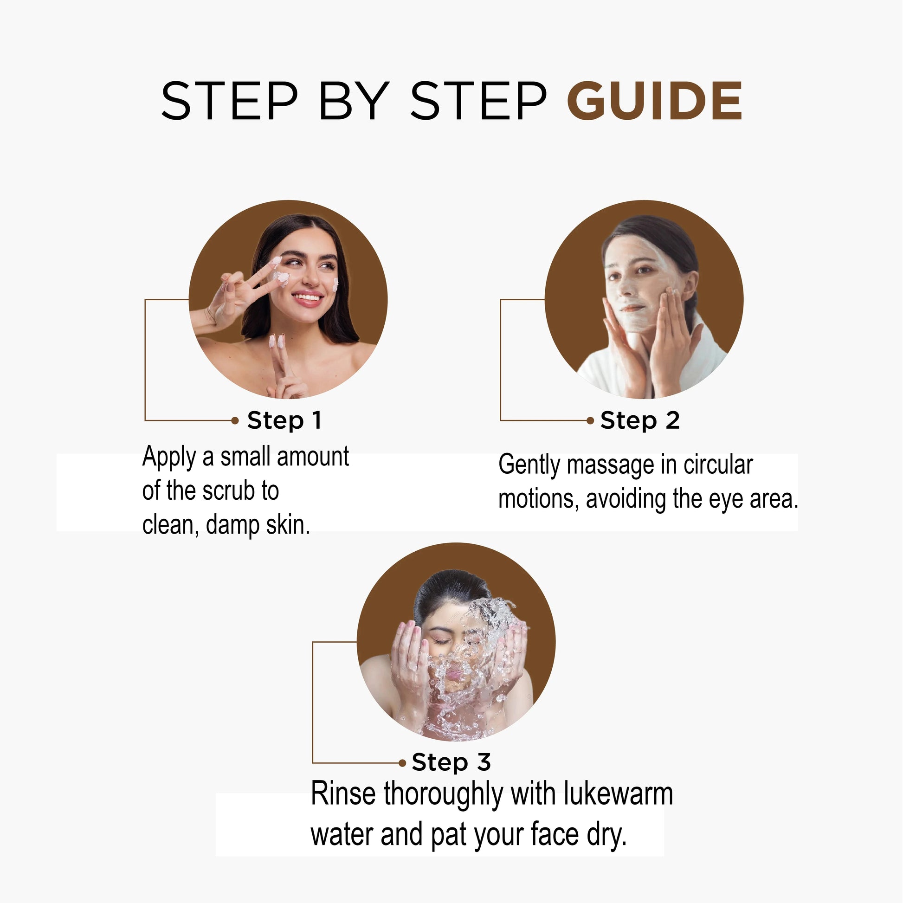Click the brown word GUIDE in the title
tap(654, 101)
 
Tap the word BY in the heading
tap(354, 101)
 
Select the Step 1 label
tap(284, 420)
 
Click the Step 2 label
tap(640, 420)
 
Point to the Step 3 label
tap(451, 762)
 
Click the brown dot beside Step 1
tap(235, 421)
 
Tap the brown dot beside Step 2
tap(590, 421)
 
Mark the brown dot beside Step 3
tap(402, 763)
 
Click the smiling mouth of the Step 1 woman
tap(308, 298)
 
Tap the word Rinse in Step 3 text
tap(343, 794)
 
